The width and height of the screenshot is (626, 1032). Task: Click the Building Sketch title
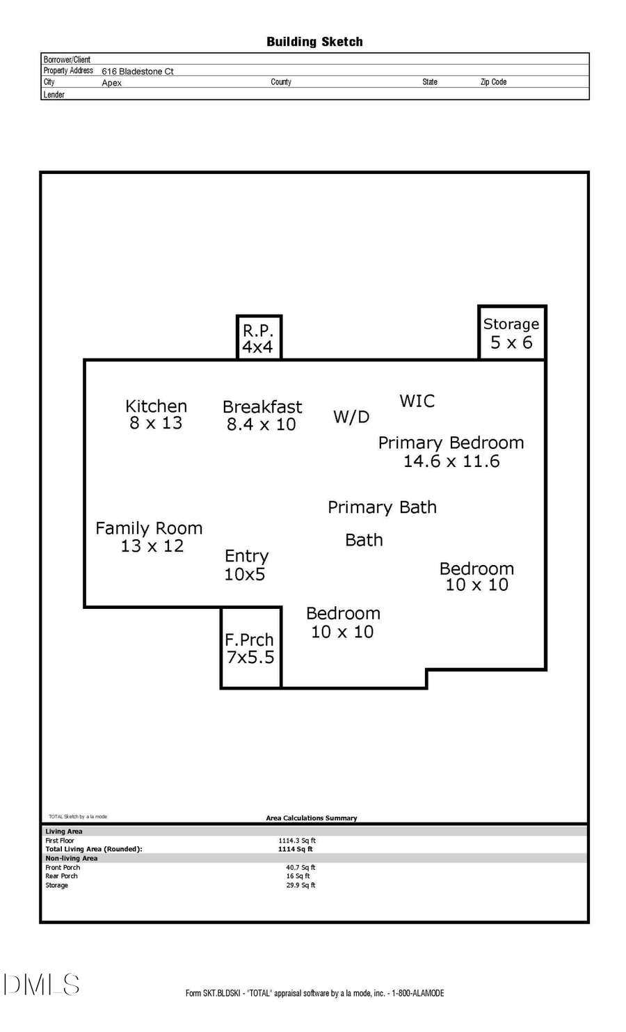(x=314, y=42)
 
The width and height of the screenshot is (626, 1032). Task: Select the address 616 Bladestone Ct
(x=138, y=71)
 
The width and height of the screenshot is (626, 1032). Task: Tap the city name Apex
(x=111, y=83)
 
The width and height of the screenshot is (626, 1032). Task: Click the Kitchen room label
(x=156, y=406)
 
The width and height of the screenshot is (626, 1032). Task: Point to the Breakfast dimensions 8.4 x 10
(x=262, y=424)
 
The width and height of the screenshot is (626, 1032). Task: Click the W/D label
(x=351, y=417)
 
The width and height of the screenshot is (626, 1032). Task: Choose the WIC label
(x=417, y=401)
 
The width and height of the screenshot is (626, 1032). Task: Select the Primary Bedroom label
(x=451, y=443)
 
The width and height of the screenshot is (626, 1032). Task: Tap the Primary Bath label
(x=382, y=507)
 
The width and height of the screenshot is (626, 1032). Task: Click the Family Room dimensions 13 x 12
(x=152, y=546)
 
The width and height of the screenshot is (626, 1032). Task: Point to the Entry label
(x=246, y=556)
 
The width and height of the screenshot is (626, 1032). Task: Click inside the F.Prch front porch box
(x=250, y=648)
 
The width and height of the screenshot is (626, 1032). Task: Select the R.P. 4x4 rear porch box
(x=258, y=338)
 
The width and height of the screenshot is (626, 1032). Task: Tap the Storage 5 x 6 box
(x=511, y=333)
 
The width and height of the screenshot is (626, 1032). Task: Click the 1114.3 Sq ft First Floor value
(x=297, y=841)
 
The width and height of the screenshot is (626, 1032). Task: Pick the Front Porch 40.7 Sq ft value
(x=300, y=868)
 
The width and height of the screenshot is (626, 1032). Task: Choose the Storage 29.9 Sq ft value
(x=300, y=885)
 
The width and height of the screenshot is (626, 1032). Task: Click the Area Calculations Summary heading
(x=311, y=818)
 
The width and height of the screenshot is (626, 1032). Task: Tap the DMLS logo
(x=42, y=985)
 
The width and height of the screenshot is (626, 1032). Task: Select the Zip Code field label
(x=493, y=82)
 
